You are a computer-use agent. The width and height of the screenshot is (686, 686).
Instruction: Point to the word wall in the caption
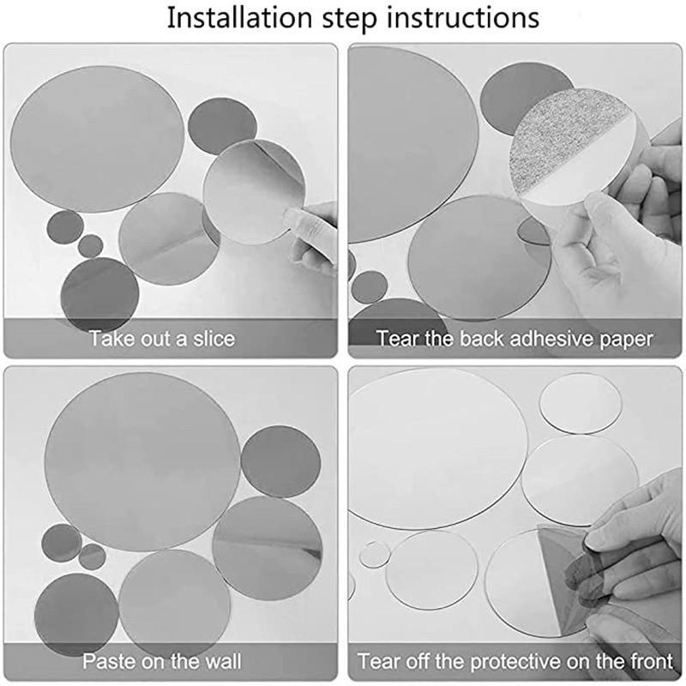pos(221,662)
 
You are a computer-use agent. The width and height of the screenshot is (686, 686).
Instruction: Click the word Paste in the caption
pos(109,662)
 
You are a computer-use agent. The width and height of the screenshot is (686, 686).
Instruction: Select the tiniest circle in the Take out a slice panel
pos(90,246)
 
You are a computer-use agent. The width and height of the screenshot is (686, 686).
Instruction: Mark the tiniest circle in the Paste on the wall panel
pos(93,557)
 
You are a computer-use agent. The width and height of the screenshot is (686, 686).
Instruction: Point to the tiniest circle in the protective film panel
pos(372,555)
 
